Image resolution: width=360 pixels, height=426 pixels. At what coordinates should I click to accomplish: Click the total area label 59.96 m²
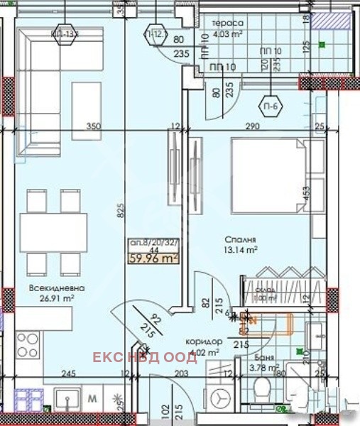[x=152, y=258]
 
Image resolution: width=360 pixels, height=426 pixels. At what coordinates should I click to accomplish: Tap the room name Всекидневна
[x=58, y=288]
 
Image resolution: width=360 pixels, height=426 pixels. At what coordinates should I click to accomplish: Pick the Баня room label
[x=263, y=357]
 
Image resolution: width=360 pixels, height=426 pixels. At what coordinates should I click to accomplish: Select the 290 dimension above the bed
[x=246, y=126]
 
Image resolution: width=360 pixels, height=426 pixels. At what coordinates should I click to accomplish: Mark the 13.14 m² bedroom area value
[x=241, y=249]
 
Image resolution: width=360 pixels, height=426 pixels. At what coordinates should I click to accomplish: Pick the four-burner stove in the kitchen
[x=28, y=346]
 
